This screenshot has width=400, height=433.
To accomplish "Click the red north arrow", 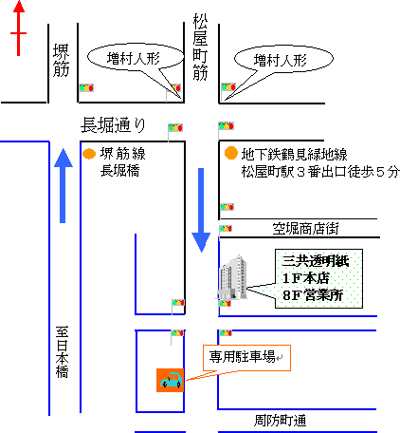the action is [19, 28].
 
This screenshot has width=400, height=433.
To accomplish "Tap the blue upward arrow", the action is [63, 185].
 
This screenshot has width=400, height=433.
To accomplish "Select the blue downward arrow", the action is [201, 210].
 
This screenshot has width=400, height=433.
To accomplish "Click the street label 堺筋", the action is [61, 61].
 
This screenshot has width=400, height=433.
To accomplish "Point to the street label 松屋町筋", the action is [200, 47].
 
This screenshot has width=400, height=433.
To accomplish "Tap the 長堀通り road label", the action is [113, 124].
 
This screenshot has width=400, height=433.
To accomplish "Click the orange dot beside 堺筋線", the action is [89, 154].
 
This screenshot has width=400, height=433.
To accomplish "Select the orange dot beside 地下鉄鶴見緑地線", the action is [231, 153].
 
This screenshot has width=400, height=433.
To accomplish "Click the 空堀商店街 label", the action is [305, 229].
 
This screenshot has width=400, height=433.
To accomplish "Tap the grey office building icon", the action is [232, 277].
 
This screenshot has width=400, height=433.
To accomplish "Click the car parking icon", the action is [170, 380].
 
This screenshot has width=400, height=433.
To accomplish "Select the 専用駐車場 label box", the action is [246, 358].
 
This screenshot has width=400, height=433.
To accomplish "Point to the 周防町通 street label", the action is [281, 421].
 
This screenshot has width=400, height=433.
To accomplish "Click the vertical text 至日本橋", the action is [62, 352].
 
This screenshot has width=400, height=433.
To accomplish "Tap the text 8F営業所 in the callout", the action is [313, 295].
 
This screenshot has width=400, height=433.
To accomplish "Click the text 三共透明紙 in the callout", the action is [316, 261].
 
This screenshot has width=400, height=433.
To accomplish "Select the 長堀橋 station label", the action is [120, 171].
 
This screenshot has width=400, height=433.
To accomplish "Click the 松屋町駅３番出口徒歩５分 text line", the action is [320, 172].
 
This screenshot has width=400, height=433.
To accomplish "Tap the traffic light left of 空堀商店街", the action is [226, 229].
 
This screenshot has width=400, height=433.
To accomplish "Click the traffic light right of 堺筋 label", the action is [86, 87].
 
